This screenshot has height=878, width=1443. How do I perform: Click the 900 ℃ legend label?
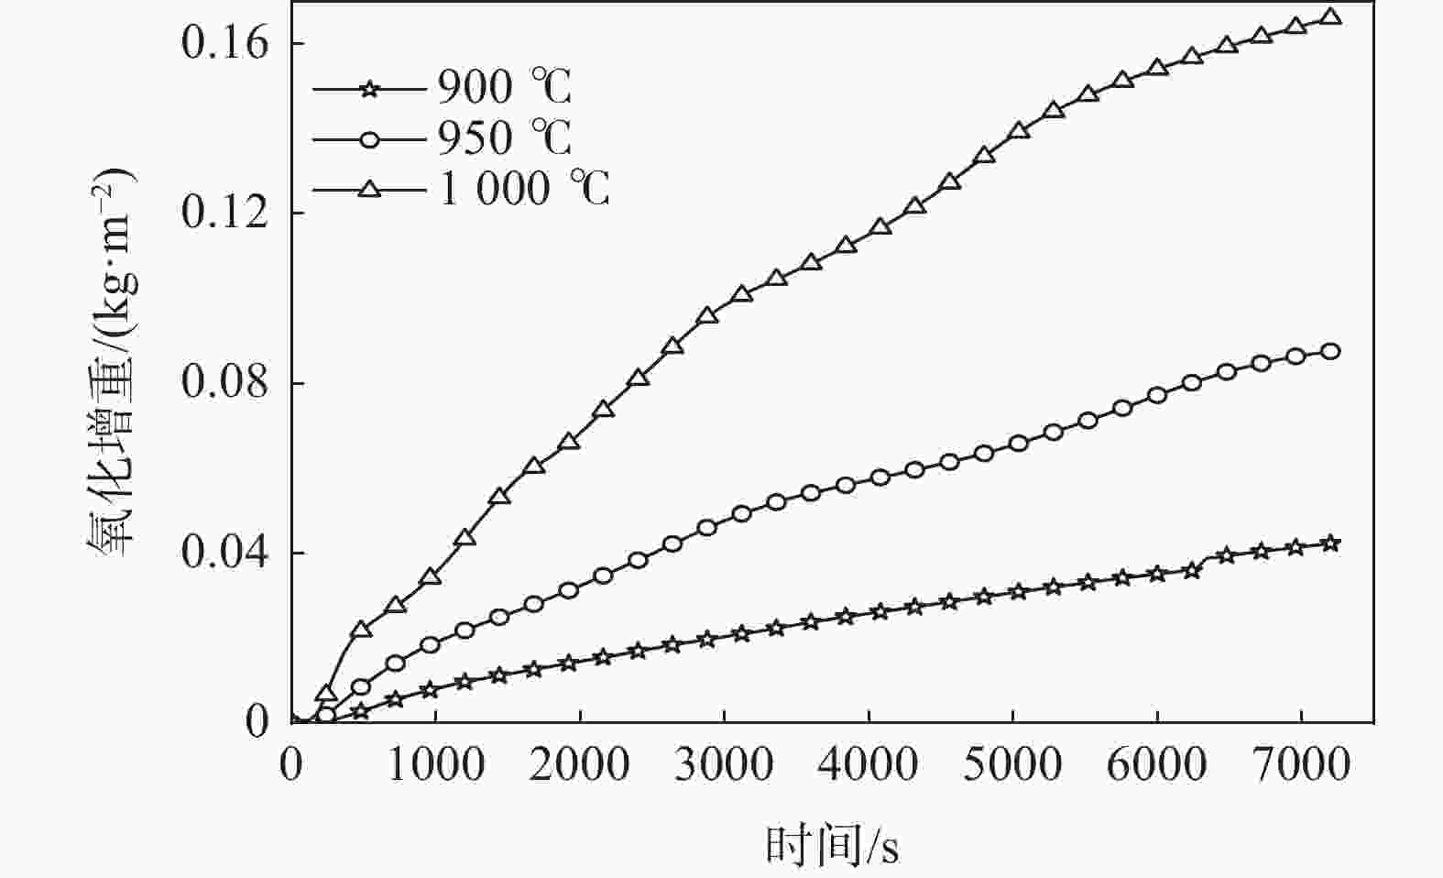click(504, 89)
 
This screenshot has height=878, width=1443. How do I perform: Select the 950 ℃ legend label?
click(504, 139)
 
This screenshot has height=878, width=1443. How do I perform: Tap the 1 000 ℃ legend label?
click(523, 190)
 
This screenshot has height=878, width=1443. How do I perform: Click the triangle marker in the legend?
click(369, 190)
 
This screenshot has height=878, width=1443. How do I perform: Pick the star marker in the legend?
click(369, 90)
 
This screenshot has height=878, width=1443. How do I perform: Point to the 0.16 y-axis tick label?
click(224, 43)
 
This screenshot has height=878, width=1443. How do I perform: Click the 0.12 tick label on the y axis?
click(224, 213)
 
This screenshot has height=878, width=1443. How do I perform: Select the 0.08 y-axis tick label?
click(224, 382)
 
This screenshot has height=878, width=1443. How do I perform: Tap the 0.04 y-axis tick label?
click(224, 553)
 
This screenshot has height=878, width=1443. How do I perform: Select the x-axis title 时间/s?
click(832, 845)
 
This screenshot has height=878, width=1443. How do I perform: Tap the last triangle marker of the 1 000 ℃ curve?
click(1331, 17)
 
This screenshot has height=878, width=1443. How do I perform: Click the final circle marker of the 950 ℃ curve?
click(1331, 351)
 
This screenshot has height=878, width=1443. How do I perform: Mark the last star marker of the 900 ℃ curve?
click(1331, 543)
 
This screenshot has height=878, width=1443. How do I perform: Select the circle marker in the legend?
click(369, 139)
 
